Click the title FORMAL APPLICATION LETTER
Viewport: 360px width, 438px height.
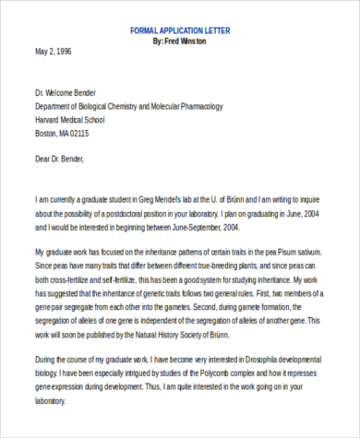pyautogui.click(x=180, y=30)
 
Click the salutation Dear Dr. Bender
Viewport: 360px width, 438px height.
pyautogui.click(x=60, y=160)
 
